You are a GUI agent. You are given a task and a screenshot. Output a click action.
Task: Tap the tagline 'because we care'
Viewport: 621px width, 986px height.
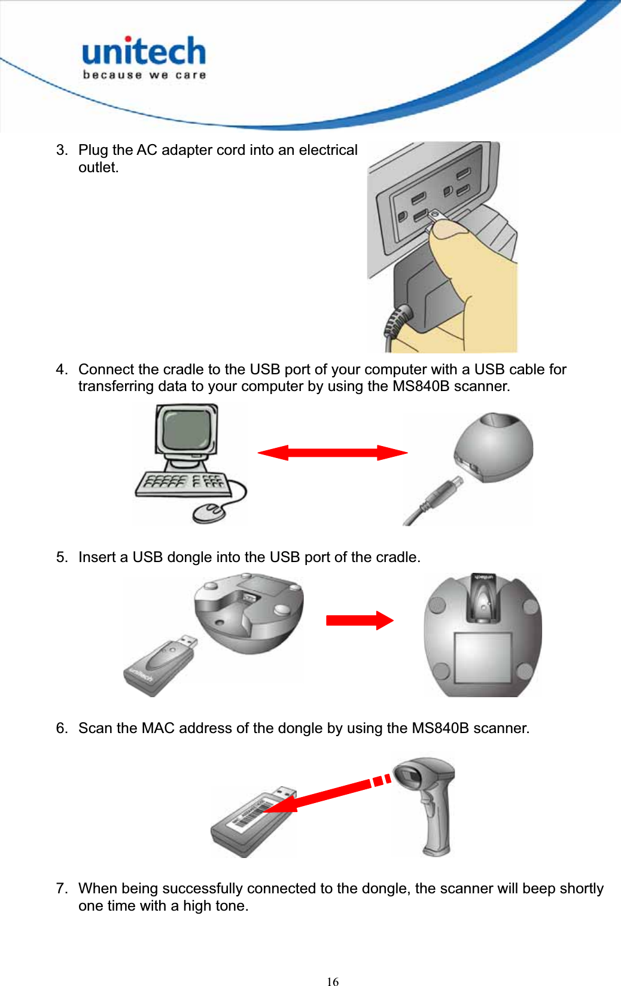coord(144,75)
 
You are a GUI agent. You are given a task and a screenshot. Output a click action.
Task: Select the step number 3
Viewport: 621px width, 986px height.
coord(62,150)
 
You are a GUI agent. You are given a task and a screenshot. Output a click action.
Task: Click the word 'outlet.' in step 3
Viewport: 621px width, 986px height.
coord(99,167)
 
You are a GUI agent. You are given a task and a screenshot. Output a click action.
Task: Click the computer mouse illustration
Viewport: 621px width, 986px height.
coord(208,512)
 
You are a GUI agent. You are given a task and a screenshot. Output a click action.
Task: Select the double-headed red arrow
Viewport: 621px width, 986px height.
coord(332,453)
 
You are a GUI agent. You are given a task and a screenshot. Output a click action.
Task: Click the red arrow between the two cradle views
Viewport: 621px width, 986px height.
coord(359,620)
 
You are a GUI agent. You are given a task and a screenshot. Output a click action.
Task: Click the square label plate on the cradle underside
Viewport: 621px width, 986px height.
coord(482,657)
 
